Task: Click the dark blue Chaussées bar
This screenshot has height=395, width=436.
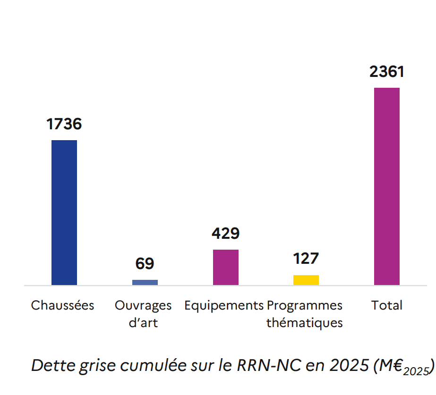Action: click(x=64, y=212)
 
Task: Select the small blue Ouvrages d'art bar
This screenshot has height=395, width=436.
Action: click(x=145, y=282)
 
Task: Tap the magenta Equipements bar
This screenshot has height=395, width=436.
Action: click(x=226, y=267)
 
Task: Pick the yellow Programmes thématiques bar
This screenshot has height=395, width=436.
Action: click(x=306, y=280)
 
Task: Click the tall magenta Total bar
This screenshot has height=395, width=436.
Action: click(x=387, y=186)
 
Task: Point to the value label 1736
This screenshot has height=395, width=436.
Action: click(x=64, y=124)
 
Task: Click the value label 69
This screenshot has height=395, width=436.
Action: click(x=145, y=264)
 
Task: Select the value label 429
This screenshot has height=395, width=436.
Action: click(x=226, y=234)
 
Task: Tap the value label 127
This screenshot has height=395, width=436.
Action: click(x=306, y=259)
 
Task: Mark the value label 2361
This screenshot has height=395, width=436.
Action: click(x=387, y=72)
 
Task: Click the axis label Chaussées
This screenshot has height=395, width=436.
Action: click(x=63, y=305)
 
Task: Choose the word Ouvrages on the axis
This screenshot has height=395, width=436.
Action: click(x=143, y=306)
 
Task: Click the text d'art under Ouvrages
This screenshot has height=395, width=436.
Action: click(x=143, y=323)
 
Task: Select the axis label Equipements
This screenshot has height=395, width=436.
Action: click(x=224, y=306)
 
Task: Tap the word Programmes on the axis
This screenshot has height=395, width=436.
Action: click(x=305, y=306)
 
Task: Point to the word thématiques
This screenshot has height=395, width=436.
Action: click(x=305, y=323)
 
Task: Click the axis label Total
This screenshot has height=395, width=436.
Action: click(x=387, y=305)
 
